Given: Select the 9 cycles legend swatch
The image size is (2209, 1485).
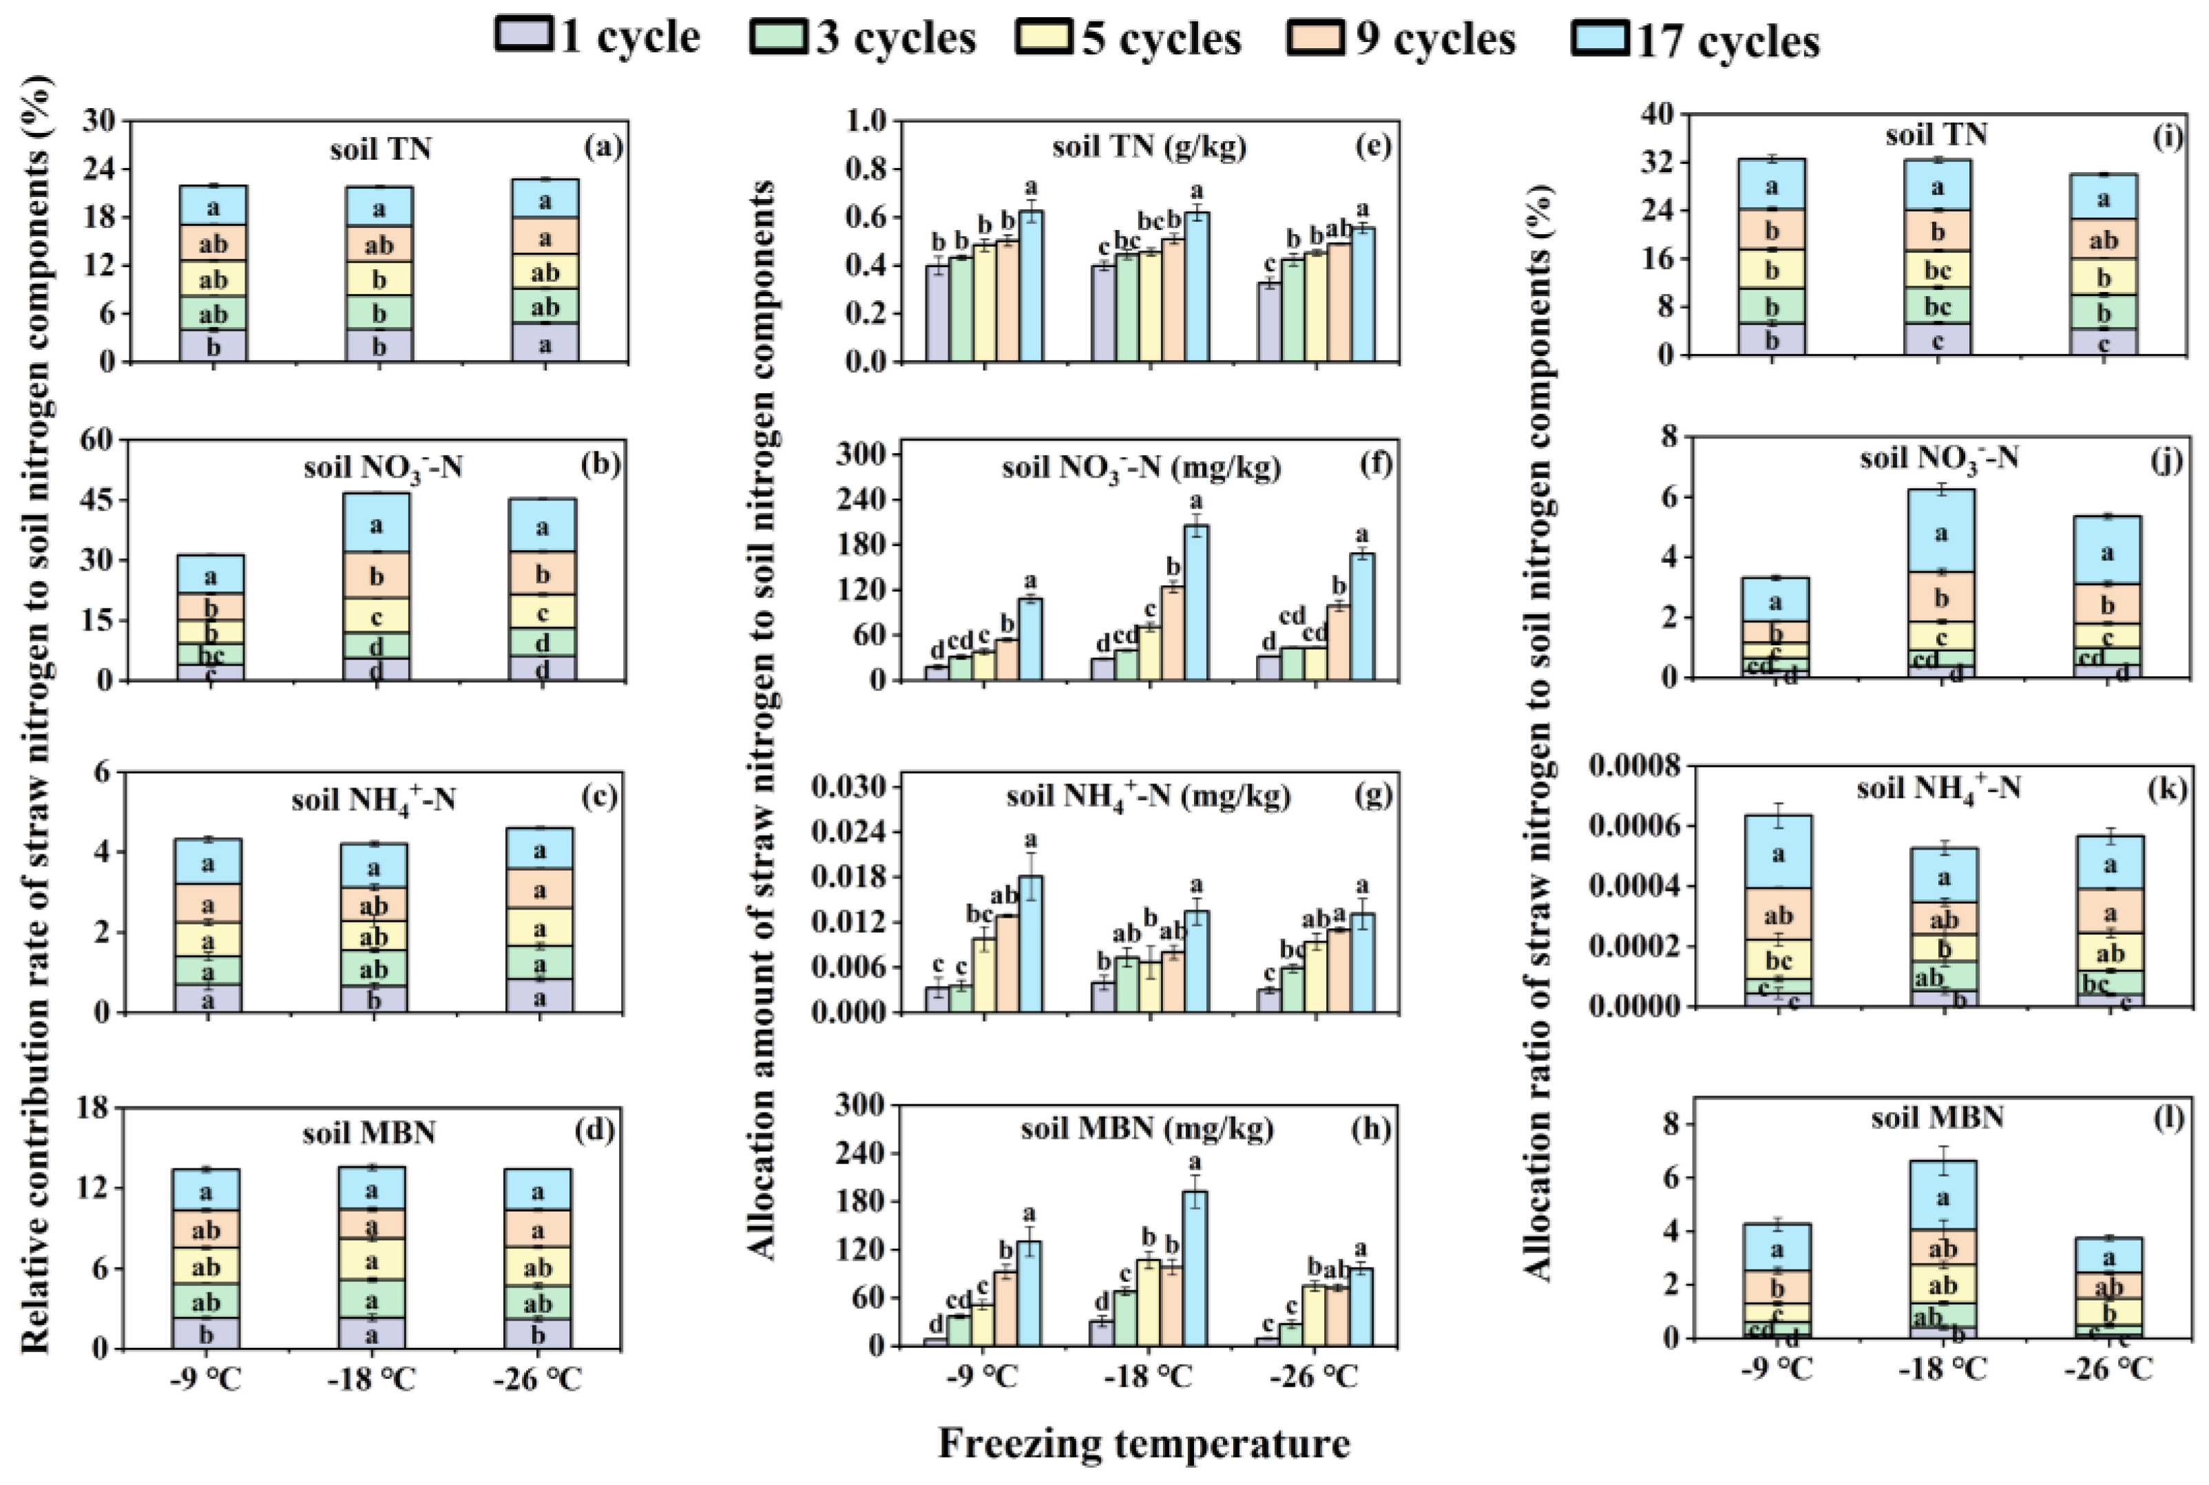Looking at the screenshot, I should (1314, 38).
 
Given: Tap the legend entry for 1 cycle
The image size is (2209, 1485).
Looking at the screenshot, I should (598, 38).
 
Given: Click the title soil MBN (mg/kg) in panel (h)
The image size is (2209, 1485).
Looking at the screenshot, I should (1147, 1129).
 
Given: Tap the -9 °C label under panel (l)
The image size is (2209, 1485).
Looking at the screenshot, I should (1775, 1369).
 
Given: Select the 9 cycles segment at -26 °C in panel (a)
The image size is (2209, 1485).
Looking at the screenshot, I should (545, 236).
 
